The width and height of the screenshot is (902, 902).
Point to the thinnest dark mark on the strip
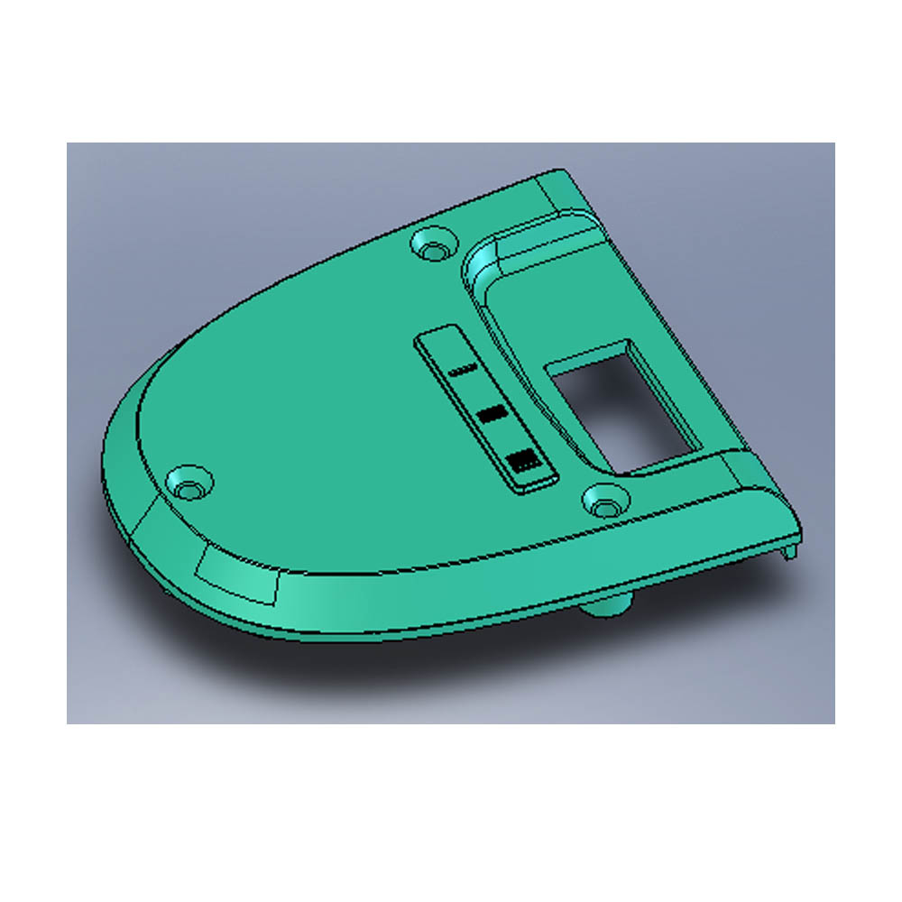[x=461, y=370]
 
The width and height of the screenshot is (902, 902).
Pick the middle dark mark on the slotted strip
[x=492, y=414]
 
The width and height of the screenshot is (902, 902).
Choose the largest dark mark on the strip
[x=524, y=462]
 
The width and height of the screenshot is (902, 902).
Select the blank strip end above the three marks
[x=437, y=345]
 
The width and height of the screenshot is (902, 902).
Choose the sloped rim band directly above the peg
[x=595, y=564]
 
